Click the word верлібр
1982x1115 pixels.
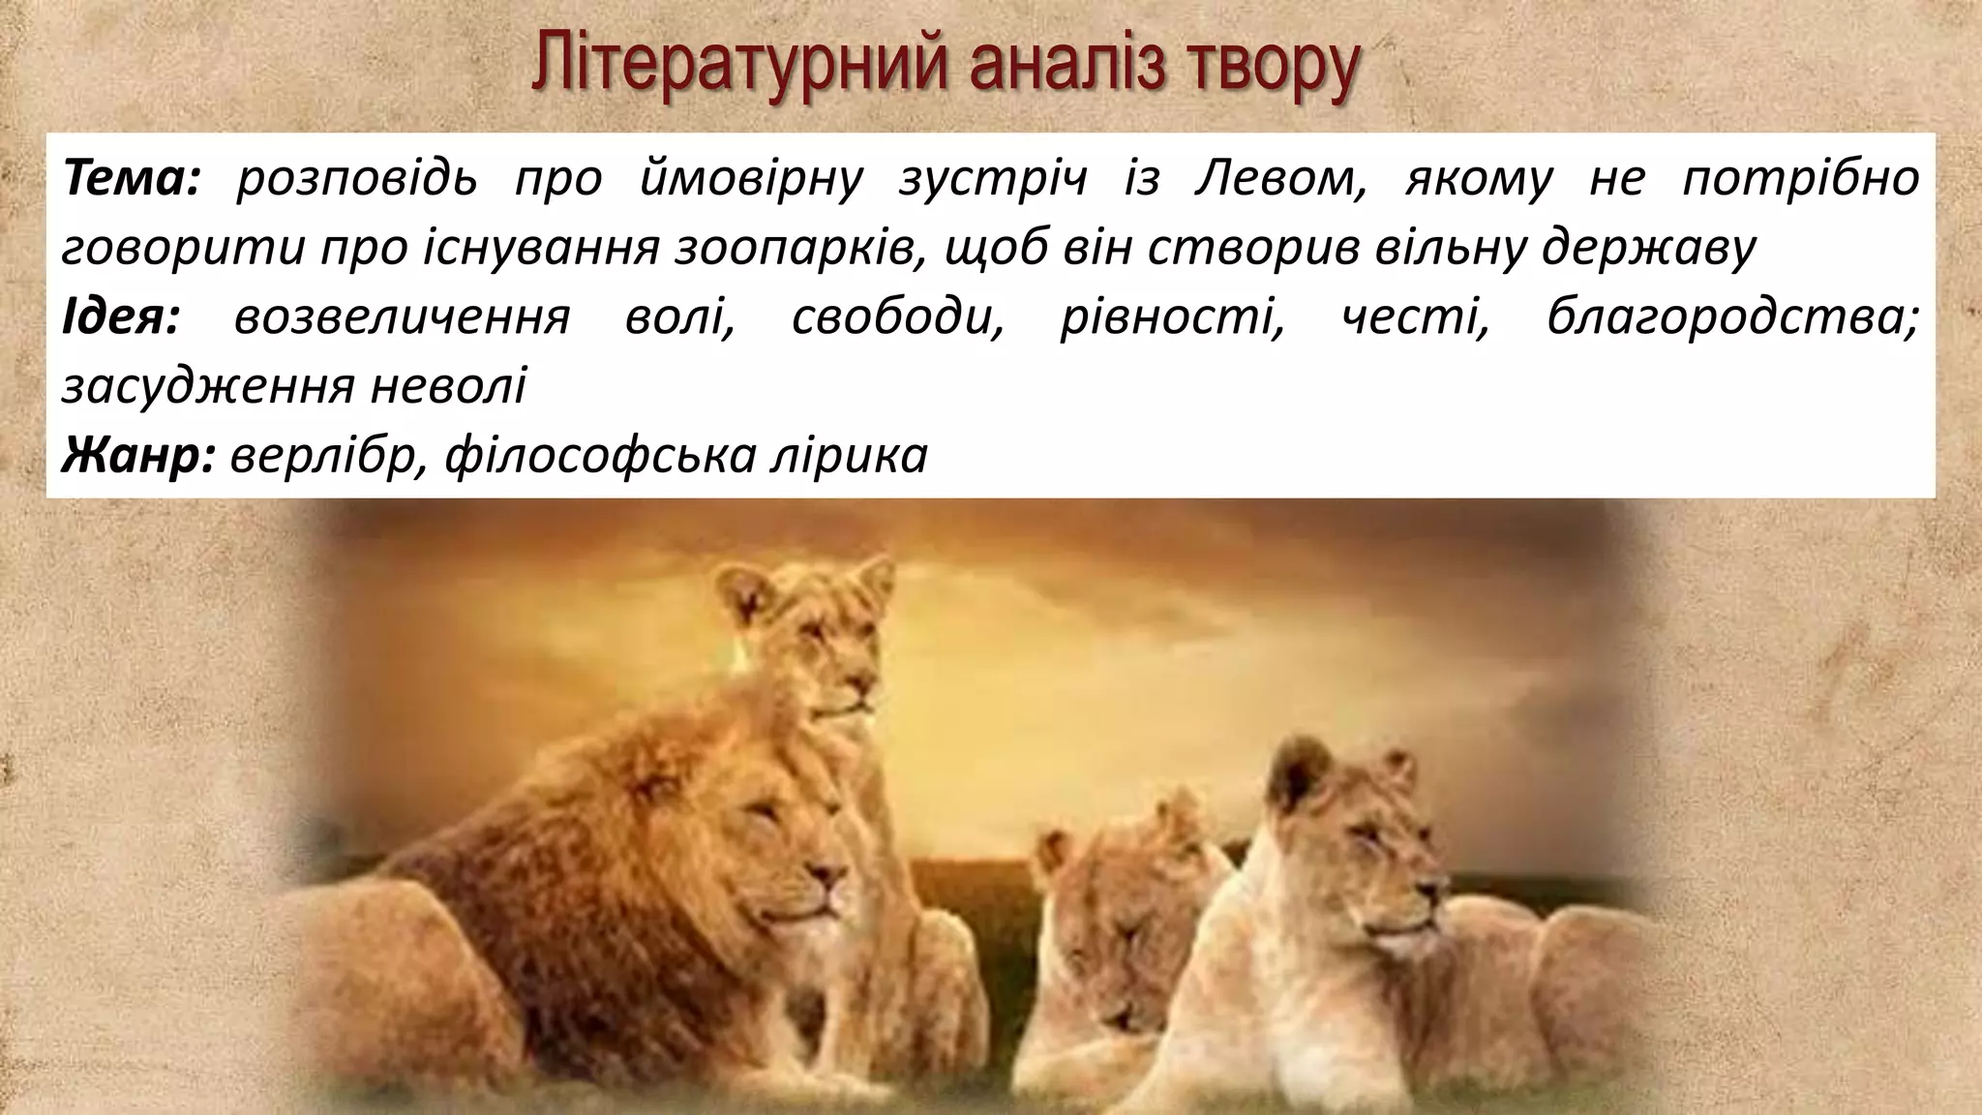[329, 455]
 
